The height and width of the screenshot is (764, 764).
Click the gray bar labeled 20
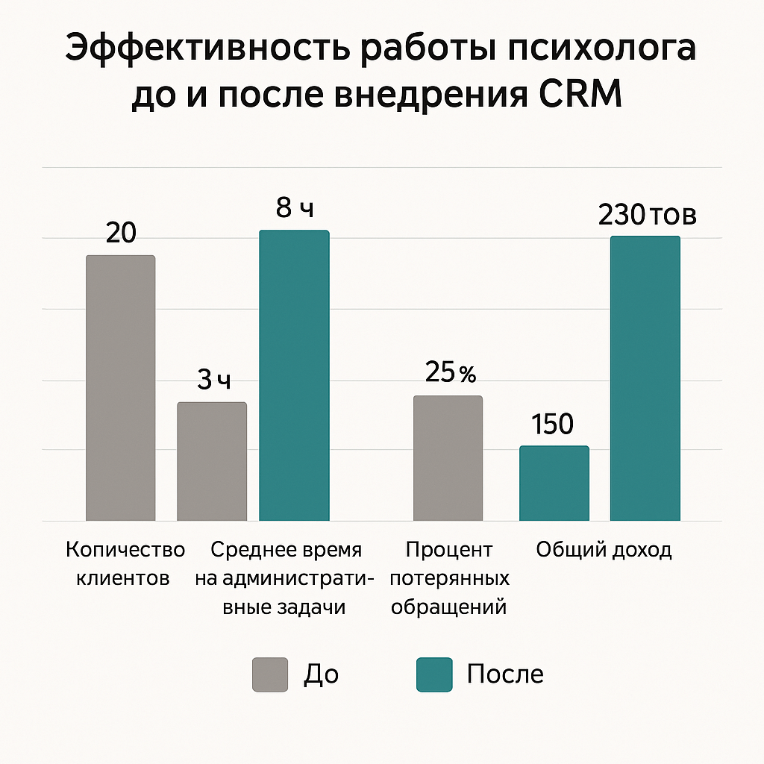click(x=121, y=388)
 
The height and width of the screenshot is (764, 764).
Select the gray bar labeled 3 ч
click(x=212, y=461)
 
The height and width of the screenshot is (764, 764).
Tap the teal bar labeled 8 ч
click(x=294, y=375)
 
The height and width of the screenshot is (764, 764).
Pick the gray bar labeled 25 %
click(x=448, y=457)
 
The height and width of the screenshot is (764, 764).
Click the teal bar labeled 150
click(x=554, y=483)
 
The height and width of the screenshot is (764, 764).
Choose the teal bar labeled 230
click(x=645, y=378)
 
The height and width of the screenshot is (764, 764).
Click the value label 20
click(x=121, y=234)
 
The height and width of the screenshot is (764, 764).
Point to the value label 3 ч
click(x=214, y=381)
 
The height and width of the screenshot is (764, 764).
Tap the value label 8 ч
click(x=295, y=208)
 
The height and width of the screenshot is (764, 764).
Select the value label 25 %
click(x=450, y=372)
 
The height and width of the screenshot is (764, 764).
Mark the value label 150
click(x=553, y=425)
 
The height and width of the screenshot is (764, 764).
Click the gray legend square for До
click(x=270, y=674)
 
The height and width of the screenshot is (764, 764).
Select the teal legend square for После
click(x=434, y=674)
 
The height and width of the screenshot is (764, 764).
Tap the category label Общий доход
click(x=604, y=551)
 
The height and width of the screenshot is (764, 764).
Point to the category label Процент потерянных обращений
click(x=449, y=578)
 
